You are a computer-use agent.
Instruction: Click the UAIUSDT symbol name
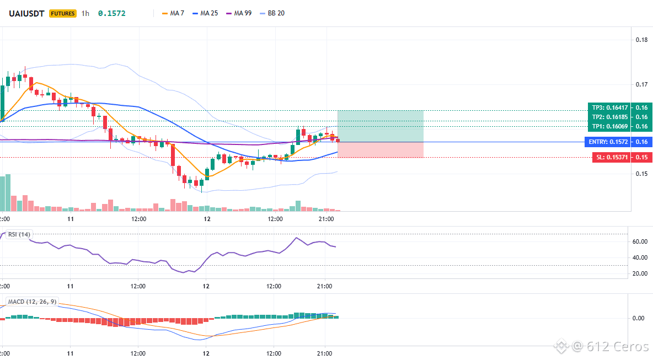pos(26,13)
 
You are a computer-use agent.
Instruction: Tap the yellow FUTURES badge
pos(62,13)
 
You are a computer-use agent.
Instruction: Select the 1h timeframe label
pos(85,13)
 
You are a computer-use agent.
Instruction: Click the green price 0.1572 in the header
pos(111,13)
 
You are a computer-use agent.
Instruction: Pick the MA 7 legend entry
pos(173,13)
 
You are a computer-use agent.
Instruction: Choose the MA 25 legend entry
pos(205,13)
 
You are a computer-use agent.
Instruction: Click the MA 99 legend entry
pos(239,13)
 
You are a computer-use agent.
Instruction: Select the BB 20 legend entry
pos(272,13)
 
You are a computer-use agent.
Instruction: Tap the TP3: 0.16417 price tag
pos(609,108)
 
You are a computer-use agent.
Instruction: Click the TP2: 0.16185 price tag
pos(609,117)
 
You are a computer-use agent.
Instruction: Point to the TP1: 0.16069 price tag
pos(609,126)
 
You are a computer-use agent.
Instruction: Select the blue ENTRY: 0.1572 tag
pos(608,142)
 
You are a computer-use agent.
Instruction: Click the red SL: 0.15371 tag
pos(611,157)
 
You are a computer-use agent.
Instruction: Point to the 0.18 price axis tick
pos(642,40)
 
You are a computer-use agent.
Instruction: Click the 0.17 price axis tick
pos(642,84)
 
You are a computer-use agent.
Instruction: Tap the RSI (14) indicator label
pos(19,234)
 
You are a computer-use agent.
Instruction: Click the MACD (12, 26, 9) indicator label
pos(32,302)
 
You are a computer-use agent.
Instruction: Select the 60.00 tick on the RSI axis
pos(640,241)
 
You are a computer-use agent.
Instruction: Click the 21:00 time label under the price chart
pos(326,219)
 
